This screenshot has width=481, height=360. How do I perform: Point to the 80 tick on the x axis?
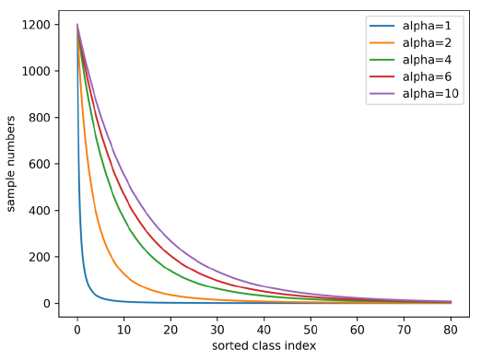[x=451, y=329]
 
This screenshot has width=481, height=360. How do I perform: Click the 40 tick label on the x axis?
[x=264, y=329]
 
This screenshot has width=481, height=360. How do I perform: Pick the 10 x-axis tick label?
[x=124, y=329]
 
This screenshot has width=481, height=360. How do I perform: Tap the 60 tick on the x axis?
[x=358, y=329]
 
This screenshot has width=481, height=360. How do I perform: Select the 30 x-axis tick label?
[x=217, y=329]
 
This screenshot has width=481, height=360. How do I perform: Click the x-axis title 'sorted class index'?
[x=264, y=345]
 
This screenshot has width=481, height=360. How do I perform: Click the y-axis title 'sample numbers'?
[x=13, y=165]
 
